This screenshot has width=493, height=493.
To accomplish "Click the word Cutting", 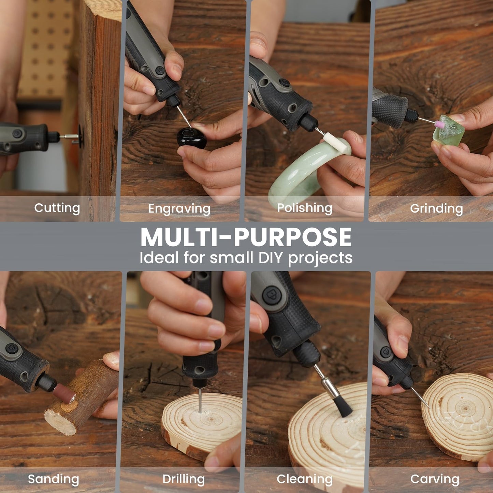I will pos(57,208).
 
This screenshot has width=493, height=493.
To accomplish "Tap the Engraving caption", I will pos(179,209).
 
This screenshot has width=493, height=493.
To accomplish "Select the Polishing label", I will pos(304,208).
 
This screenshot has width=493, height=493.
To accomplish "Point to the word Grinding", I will pos(436,208).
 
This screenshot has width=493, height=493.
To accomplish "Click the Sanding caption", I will pos(53,479).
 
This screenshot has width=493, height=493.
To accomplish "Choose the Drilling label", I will pos(184,479).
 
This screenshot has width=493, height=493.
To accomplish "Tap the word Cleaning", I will pos(304,479).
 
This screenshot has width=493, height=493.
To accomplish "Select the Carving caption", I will pos(435,479).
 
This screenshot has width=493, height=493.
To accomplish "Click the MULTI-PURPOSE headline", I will pos(246,237).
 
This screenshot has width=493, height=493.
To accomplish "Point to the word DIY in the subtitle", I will pos(271,258).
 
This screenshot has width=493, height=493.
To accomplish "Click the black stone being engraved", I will pos(191,138).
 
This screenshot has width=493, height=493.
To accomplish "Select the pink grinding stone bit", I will pos(439,124).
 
